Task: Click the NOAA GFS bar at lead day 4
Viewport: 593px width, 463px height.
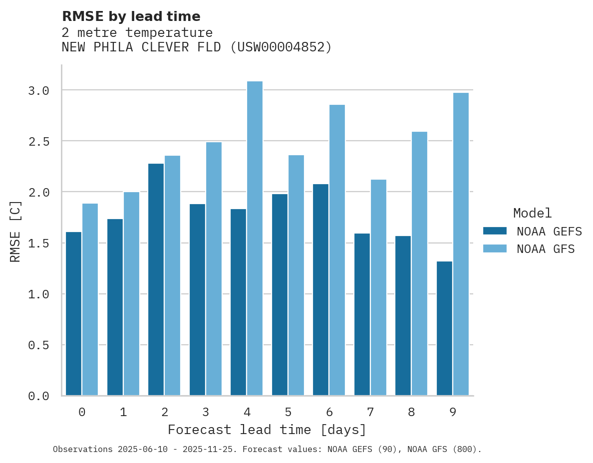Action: pyautogui.click(x=255, y=238)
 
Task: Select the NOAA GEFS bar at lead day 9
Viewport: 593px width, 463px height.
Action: pyautogui.click(x=444, y=328)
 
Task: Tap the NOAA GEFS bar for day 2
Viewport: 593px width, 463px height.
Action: pyautogui.click(x=156, y=279)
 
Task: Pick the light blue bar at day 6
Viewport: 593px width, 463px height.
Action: pyautogui.click(x=337, y=250)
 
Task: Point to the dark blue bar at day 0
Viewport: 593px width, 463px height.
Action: pyautogui.click(x=73, y=313)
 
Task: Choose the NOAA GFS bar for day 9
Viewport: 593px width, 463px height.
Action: pyautogui.click(x=461, y=244)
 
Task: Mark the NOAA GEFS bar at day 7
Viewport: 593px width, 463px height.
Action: pyautogui.click(x=362, y=314)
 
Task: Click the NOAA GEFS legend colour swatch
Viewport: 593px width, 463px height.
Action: pyautogui.click(x=495, y=231)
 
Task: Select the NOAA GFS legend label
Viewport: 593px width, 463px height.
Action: pyautogui.click(x=546, y=249)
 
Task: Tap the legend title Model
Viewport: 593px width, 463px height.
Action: pyautogui.click(x=532, y=214)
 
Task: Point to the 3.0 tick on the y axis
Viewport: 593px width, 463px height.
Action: pyautogui.click(x=39, y=90)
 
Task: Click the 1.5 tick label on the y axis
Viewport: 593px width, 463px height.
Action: pyautogui.click(x=39, y=243)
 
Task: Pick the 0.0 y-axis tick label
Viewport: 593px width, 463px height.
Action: pyautogui.click(x=39, y=396)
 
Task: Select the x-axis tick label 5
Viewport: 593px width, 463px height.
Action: pyautogui.click(x=288, y=412)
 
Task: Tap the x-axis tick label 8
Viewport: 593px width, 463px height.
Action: pyautogui.click(x=411, y=412)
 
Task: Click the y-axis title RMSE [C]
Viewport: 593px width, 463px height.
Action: pyautogui.click(x=15, y=231)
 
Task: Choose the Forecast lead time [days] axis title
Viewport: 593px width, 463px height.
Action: pyautogui.click(x=267, y=430)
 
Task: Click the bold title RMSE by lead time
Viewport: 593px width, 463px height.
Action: pyautogui.click(x=131, y=16)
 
